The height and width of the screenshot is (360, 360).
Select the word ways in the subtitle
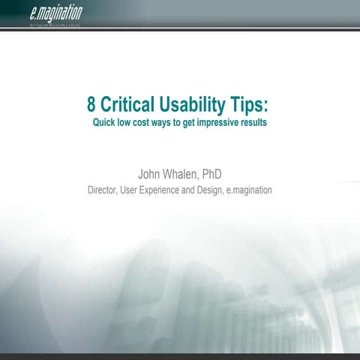[x=174, y=121]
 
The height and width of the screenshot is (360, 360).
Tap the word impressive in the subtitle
[x=223, y=121]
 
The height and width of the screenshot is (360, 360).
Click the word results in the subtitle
[x=263, y=121]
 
